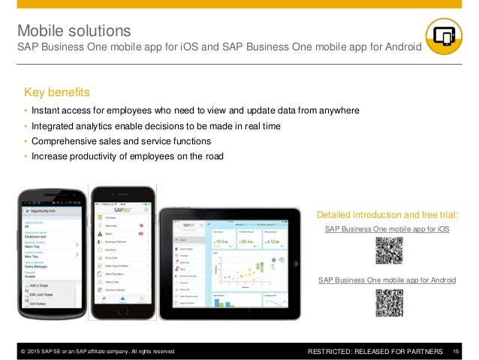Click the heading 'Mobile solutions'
(74, 31)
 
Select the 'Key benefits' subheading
(57, 92)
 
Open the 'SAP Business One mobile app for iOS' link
(387, 228)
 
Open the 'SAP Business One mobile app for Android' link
(387, 280)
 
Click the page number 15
(457, 351)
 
